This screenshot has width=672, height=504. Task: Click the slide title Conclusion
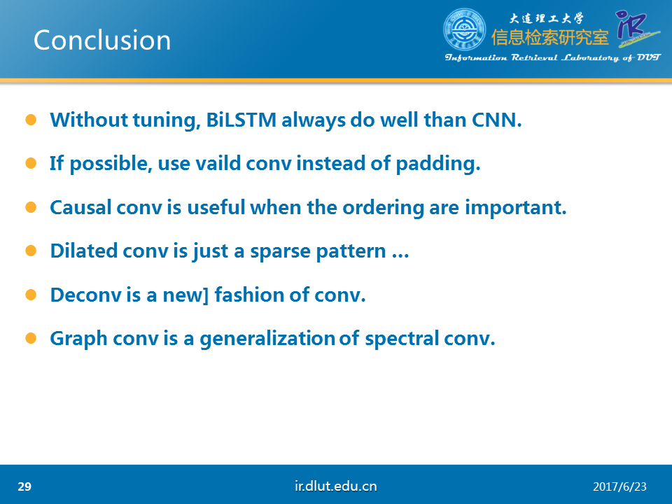pos(102,41)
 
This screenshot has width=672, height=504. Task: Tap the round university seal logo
pos(465,29)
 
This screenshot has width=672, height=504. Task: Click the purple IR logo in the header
pos(637,29)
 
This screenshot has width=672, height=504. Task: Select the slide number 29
pos(24,486)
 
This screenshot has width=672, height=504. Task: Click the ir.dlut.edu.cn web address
pos(335,486)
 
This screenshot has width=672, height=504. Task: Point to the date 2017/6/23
pos(619,487)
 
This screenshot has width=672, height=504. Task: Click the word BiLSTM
pos(241,120)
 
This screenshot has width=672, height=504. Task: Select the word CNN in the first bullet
pos(497,120)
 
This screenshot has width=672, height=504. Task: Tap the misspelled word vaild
pos(218,164)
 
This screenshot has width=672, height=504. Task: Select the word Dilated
pos(84,251)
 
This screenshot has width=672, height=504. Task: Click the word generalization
pos(267,339)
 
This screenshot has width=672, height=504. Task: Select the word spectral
pos(402,339)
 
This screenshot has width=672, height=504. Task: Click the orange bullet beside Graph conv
pos(31,338)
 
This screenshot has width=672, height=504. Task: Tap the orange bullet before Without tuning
pos(31,120)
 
